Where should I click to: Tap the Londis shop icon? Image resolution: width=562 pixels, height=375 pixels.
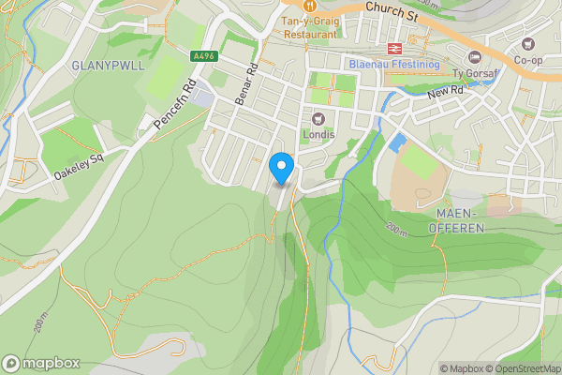pos(318,118)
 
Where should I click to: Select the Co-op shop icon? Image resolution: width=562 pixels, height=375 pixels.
pos(529,43)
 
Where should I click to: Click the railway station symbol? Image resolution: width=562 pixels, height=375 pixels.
pos(391,48)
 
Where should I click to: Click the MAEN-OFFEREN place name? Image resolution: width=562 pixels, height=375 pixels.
pos(459,221)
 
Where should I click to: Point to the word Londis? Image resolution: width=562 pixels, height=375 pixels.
pos(318,134)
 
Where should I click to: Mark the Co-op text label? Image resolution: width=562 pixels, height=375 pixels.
pos(529,59)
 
